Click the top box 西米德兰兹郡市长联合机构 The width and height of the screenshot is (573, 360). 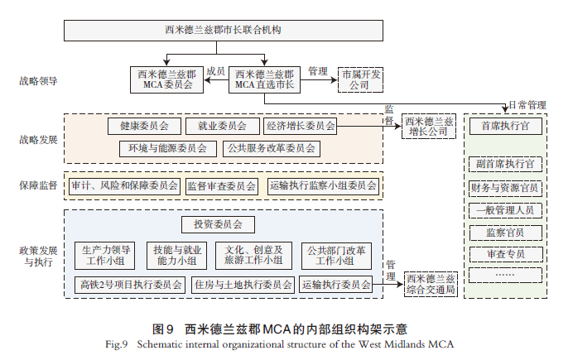click(224, 31)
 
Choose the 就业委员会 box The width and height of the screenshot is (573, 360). click(215, 127)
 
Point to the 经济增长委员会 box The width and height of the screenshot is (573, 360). click(300, 127)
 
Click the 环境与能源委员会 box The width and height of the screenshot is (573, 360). click(167, 149)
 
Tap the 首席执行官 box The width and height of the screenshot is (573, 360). click(505, 127)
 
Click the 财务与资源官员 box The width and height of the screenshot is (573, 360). click(505, 188)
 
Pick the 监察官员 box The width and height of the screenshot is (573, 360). click(505, 232)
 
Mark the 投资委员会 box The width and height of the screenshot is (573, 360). click(218, 225)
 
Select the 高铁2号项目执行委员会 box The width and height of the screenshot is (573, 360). click(131, 285)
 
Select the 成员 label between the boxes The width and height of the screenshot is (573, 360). click(215, 71)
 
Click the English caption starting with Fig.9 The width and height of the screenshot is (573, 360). click(286, 343)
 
